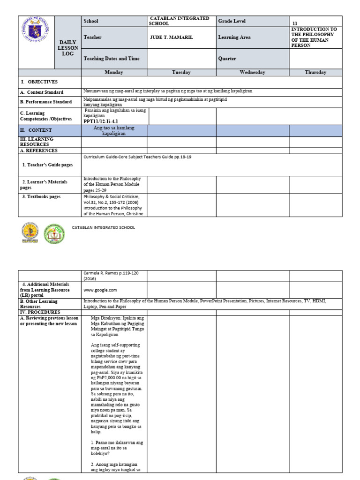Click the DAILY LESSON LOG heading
coord(68,48)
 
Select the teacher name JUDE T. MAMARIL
coord(171,37)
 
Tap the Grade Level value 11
coord(295,23)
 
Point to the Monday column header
coord(114,72)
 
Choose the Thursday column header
coord(315,72)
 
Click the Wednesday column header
coord(252,72)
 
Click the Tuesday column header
coord(181,72)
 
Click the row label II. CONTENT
coord(36,130)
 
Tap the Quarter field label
coord(227,59)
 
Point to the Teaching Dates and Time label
coord(111,59)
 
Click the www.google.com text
coord(100,290)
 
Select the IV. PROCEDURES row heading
coord(40,312)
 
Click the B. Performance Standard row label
coord(46,102)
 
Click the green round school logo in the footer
coord(54,233)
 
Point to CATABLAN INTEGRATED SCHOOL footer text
coord(103,227)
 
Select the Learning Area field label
coord(234,37)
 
